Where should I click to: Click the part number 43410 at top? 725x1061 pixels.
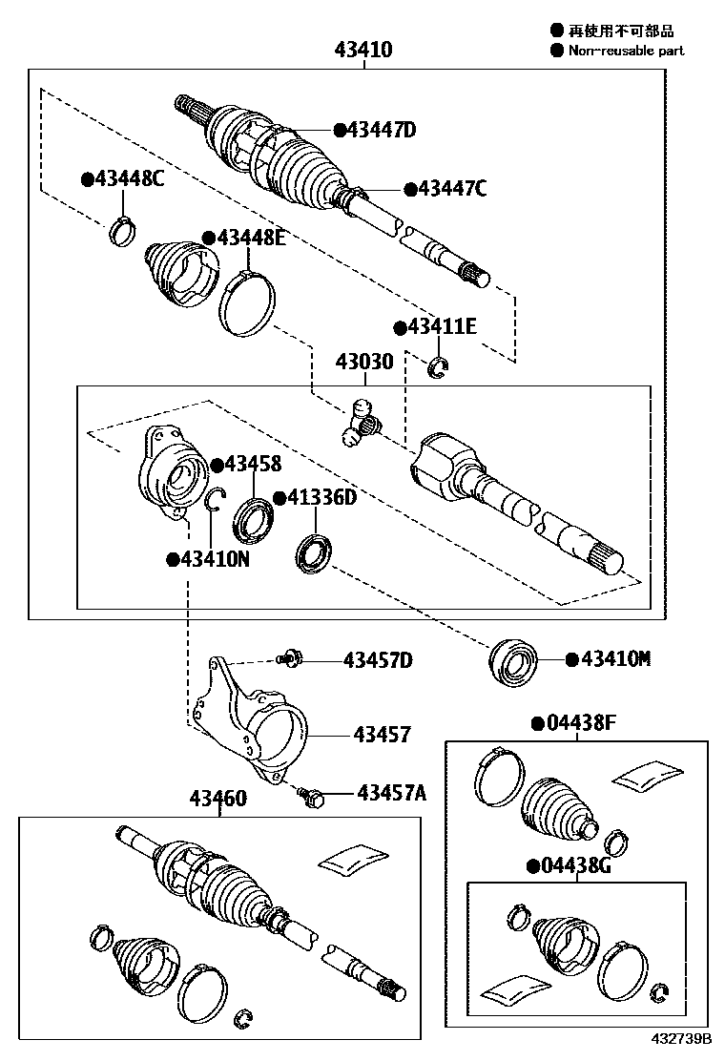pos(362,51)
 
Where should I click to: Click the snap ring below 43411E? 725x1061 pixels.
pos(439,365)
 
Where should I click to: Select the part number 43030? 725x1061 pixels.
pos(363,364)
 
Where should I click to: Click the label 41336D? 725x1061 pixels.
pos(321,498)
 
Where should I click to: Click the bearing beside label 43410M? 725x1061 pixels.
pos(514,660)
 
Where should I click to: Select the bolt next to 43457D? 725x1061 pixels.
pos(288,658)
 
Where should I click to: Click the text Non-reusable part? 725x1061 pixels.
pos(626,51)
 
